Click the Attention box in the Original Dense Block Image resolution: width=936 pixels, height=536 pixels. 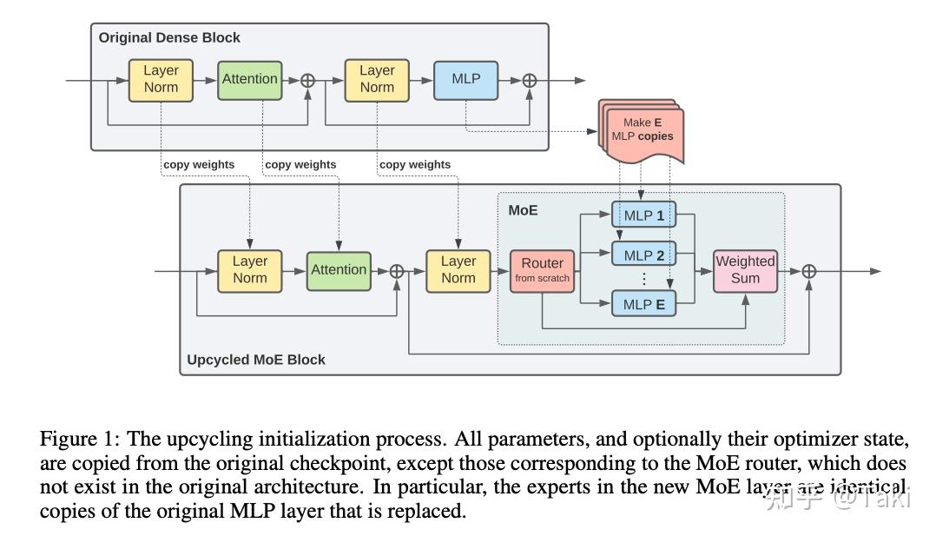tap(249, 79)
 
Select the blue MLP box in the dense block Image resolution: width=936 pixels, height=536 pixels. tap(465, 79)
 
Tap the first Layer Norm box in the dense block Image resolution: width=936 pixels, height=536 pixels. tap(161, 79)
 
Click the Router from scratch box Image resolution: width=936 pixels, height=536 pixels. tap(542, 270)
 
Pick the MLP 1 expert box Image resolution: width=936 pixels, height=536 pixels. tap(643, 215)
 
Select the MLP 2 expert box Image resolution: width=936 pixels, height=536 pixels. tap(643, 255)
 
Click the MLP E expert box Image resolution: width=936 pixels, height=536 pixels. tap(643, 305)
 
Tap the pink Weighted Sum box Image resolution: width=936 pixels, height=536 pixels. tap(745, 270)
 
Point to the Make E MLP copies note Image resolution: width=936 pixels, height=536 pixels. tap(643, 131)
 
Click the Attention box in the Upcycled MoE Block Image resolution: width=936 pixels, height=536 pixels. tap(339, 270)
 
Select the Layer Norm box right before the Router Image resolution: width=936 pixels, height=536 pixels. tap(458, 270)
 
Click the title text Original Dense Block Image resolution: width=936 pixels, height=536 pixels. tap(169, 37)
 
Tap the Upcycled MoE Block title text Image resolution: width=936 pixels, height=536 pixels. tap(256, 360)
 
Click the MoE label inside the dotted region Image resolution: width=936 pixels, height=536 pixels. tap(523, 210)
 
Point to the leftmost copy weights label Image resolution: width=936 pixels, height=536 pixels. tap(198, 164)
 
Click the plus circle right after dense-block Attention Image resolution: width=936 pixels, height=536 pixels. tap(307, 81)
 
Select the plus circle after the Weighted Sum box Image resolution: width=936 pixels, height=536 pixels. tap(808, 271)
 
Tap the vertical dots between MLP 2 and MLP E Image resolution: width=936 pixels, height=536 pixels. tap(643, 280)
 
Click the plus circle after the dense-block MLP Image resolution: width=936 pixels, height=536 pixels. tap(529, 81)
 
